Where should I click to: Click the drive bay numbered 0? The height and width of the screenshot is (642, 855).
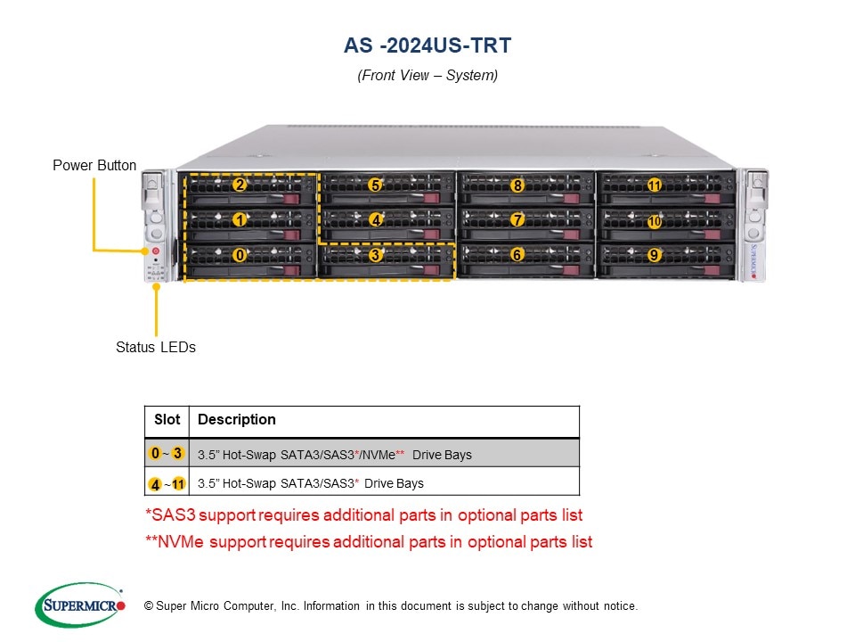click(x=240, y=255)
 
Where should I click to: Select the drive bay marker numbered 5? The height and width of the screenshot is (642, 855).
click(x=376, y=185)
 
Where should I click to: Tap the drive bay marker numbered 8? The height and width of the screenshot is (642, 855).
click(x=517, y=185)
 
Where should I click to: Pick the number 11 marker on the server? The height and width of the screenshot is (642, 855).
click(x=655, y=185)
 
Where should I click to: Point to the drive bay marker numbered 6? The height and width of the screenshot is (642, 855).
click(x=517, y=255)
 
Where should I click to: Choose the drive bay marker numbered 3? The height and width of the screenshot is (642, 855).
click(x=376, y=255)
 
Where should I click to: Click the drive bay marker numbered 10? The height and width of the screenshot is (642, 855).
click(x=655, y=220)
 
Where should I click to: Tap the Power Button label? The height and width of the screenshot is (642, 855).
click(x=94, y=165)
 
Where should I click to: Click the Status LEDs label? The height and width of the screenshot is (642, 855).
click(x=156, y=347)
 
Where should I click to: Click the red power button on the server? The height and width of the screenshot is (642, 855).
click(x=155, y=252)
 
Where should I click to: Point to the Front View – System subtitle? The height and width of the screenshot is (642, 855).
click(x=427, y=76)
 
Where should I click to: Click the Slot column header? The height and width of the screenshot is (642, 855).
click(x=167, y=420)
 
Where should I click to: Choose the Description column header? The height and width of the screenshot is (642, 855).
click(x=237, y=420)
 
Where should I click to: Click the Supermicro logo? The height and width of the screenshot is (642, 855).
click(x=80, y=605)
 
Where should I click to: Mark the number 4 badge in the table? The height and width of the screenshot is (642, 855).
click(x=156, y=484)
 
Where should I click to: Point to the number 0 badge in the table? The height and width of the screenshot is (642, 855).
click(x=155, y=454)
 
